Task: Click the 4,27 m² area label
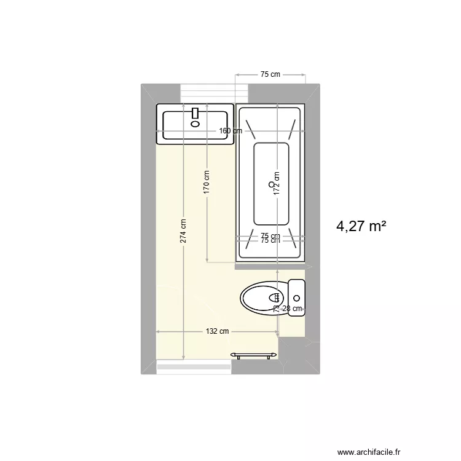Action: pos(361,227)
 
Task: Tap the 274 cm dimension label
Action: pos(183,231)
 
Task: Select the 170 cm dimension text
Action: pos(207,183)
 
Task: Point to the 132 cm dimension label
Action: pos(217,331)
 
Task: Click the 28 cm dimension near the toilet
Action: pos(292,309)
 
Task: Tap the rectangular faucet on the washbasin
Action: pos(196,113)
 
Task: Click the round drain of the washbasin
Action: pos(195,124)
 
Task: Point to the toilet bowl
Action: pos(261,298)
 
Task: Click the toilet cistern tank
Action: pos(296,297)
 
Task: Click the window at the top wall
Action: pos(214,93)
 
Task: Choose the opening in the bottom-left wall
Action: pos(194,367)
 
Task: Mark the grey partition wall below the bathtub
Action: pos(270,266)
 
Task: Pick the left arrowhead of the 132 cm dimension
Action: pos(159,331)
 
